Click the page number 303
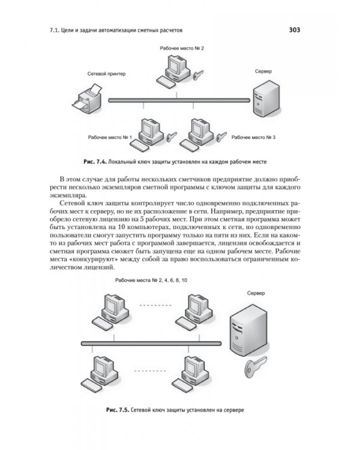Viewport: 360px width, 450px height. tap(294, 30)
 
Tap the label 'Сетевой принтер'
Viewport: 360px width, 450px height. tap(106, 74)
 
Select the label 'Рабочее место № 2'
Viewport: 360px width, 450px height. tap(182, 49)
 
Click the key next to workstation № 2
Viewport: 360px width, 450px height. tap(198, 75)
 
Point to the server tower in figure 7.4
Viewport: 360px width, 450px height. tap(266, 98)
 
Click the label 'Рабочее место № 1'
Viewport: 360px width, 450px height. tap(110, 137)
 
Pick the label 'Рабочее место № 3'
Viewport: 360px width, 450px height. tap(253, 137)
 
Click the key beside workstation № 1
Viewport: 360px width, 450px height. tap(171, 136)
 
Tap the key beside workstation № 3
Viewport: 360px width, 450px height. tap(221, 137)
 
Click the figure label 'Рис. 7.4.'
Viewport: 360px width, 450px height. tap(95, 162)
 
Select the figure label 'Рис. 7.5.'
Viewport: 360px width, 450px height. tap(118, 410)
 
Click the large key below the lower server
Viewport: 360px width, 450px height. tap(256, 367)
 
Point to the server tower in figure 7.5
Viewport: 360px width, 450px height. tap(248, 330)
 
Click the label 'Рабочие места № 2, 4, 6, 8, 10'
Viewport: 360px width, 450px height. tap(151, 280)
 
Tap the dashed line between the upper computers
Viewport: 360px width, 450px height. tap(155, 305)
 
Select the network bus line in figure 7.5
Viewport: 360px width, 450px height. tap(151, 343)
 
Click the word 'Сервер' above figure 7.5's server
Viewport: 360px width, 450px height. tap(256, 293)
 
